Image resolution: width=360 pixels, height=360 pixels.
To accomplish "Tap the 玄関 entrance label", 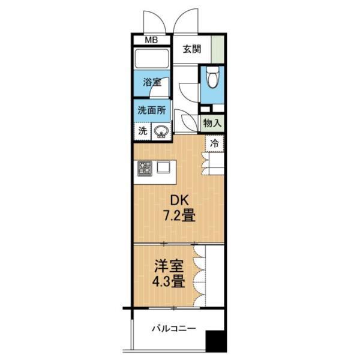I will pos(192,50).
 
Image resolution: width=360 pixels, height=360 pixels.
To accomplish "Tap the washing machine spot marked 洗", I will pos(143,130).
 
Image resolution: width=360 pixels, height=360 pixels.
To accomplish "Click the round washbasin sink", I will pos(161,131).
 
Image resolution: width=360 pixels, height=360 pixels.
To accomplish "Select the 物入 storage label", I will pos(213,122).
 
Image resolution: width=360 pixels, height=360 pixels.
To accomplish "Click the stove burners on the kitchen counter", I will pos(145,169).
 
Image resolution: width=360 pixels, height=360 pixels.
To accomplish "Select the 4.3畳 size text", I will pos(167,281).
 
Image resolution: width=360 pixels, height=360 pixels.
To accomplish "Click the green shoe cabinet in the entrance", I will pos(219,49).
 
